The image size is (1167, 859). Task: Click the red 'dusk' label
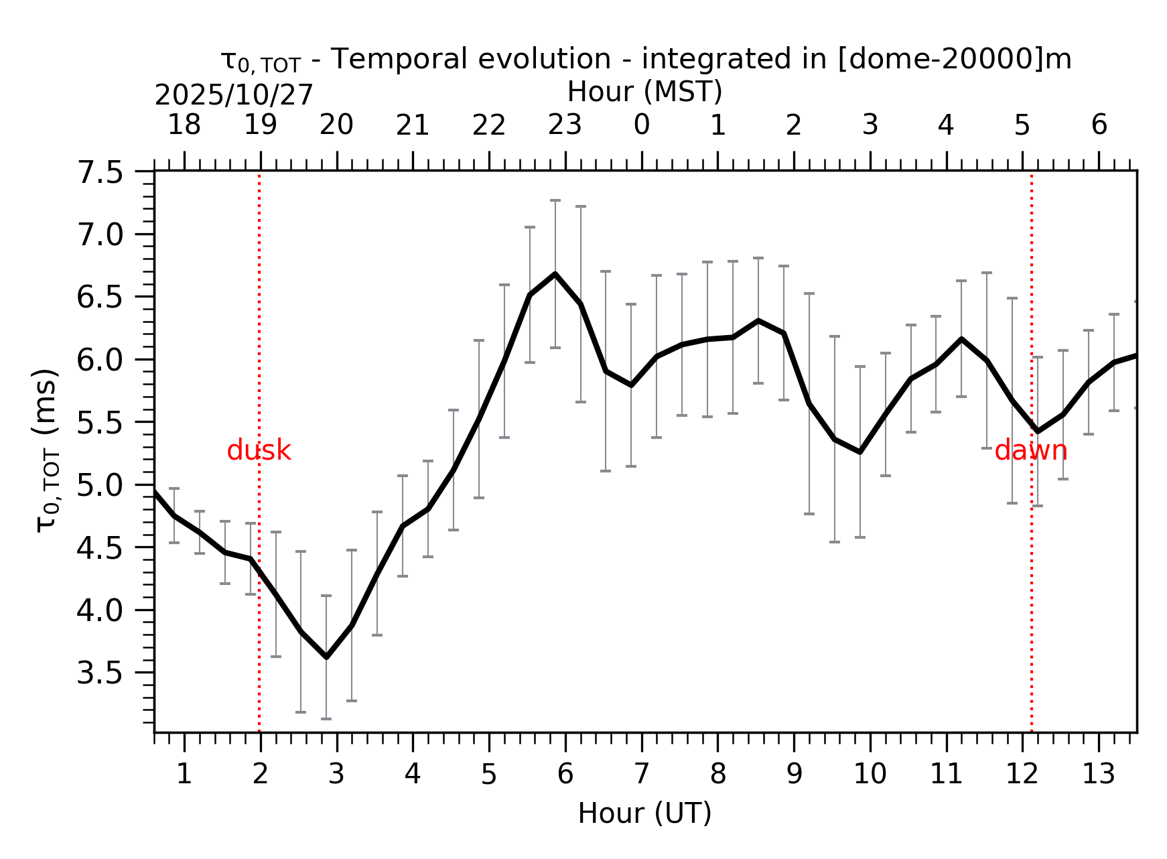tap(259, 451)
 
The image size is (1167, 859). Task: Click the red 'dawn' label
tap(1030, 451)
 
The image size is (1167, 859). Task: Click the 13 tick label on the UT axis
tap(1099, 775)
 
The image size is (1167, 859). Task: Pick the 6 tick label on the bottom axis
tap(565, 775)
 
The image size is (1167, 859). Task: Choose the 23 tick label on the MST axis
tap(565, 125)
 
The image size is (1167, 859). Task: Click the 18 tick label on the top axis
tap(184, 125)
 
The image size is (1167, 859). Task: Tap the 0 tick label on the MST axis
tap(642, 125)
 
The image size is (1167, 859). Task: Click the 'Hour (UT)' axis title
tap(644, 813)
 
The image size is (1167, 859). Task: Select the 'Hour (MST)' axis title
tap(644, 92)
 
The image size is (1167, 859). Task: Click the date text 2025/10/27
tap(234, 96)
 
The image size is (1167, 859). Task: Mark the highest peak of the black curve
tap(555, 274)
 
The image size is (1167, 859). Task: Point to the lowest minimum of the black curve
tap(326, 657)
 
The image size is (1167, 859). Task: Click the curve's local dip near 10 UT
tap(860, 452)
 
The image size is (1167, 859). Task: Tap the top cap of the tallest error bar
tap(555, 200)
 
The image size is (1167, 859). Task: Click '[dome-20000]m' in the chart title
tap(955, 59)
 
